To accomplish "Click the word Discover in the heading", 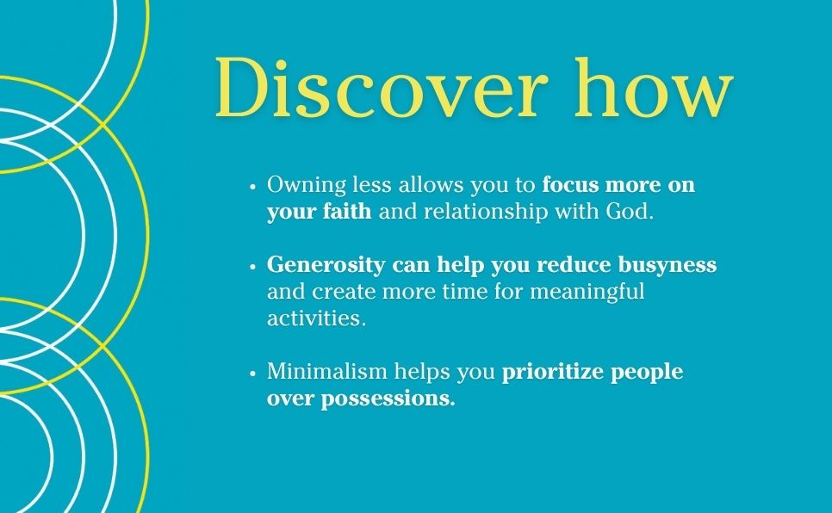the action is tap(381, 87).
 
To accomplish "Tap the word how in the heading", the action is tap(654, 87).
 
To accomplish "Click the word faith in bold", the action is tap(347, 211).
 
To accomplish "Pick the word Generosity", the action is tap(326, 265).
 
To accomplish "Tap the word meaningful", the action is tap(587, 292).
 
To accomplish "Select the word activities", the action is tap(316, 318).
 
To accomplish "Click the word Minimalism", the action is tap(327, 371).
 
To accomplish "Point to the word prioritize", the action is tap(552, 372).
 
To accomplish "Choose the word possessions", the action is tap(388, 399).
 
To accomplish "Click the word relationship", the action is tap(486, 212).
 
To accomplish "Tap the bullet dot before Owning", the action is tap(253, 187).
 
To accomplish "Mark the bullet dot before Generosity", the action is tap(253, 266).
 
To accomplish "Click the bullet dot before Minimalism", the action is tap(253, 373).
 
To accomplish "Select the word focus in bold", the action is tap(571, 184).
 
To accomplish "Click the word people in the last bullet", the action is tap(647, 372).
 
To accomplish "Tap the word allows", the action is tap(431, 184).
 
